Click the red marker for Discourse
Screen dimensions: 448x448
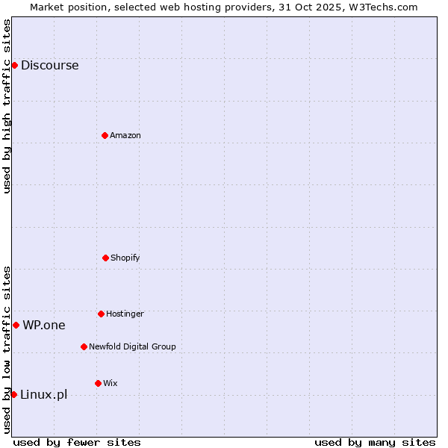point(14,65)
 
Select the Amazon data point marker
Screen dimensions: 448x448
point(105,135)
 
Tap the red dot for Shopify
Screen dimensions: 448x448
point(105,258)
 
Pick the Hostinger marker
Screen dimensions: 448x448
point(101,314)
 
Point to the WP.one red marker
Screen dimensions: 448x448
point(16,325)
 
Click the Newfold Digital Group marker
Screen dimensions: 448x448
point(84,346)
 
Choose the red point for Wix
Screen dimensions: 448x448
point(98,383)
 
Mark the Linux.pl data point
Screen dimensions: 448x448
point(13,394)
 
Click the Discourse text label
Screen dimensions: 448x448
point(49,65)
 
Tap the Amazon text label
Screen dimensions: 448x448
point(125,135)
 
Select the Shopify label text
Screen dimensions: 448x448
point(125,258)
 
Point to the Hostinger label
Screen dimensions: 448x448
point(125,314)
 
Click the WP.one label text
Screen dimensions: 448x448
point(44,325)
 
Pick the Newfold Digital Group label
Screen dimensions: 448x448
point(132,346)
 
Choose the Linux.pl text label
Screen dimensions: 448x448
point(43,394)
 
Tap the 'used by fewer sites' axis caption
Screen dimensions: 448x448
point(77,442)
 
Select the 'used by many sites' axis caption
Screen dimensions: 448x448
point(375,442)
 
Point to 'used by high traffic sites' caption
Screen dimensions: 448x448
point(7,106)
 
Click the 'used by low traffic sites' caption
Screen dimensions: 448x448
point(7,349)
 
